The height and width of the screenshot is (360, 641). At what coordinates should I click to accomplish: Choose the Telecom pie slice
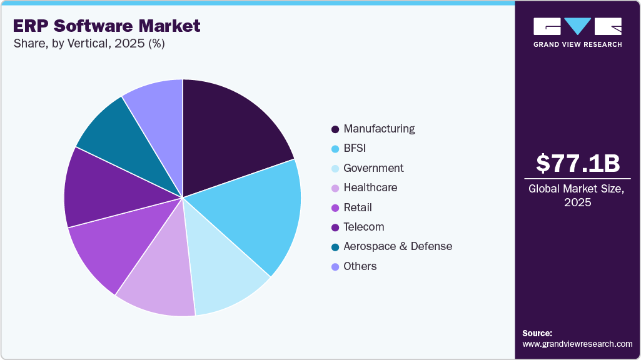(100, 187)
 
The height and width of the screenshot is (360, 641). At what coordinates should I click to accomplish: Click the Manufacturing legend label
(379, 129)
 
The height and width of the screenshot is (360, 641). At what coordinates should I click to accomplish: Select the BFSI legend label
(355, 149)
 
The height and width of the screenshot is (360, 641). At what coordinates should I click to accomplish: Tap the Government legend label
(373, 168)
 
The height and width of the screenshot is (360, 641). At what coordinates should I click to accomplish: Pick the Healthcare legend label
(370, 187)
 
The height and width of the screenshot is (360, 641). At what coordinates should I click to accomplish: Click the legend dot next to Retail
(335, 207)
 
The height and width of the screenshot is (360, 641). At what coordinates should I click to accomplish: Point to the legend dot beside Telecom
(335, 227)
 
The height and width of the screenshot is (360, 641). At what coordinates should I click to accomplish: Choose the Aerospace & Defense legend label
(398, 246)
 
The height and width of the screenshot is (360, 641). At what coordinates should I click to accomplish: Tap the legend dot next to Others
(335, 267)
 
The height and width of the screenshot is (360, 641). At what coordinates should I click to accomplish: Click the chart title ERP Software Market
(106, 26)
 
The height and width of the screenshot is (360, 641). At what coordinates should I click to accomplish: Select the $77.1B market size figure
(578, 163)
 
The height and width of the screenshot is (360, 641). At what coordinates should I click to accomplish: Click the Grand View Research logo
(577, 32)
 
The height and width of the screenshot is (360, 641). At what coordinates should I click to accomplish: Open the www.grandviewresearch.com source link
(577, 344)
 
